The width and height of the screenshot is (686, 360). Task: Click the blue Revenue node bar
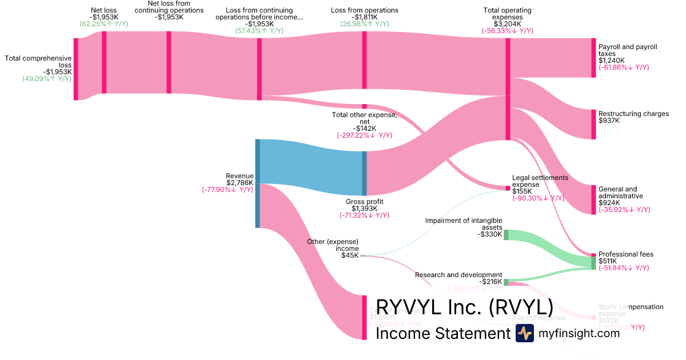point(257,183)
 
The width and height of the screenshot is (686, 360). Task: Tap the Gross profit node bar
point(364,173)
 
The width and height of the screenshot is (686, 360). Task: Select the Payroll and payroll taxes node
point(593,58)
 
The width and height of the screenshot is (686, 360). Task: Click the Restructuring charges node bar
point(593,124)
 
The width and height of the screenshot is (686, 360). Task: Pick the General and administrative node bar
point(593,199)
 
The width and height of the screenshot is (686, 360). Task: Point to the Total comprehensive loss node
point(75,69)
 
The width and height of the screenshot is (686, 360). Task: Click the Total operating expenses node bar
point(508,89)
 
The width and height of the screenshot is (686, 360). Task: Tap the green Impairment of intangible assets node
point(506,235)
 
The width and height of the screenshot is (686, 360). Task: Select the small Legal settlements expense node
point(508,188)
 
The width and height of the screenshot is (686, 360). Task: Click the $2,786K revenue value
point(240,183)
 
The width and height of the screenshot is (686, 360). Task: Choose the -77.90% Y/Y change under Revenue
point(227,190)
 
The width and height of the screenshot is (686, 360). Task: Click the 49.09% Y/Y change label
point(47,79)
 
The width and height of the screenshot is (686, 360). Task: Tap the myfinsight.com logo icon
point(524,333)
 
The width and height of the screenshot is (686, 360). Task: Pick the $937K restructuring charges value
point(609,121)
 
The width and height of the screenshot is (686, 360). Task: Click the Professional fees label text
point(625,254)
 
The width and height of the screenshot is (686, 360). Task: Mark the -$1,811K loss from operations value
point(364,17)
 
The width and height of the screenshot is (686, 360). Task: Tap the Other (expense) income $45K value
point(350,255)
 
